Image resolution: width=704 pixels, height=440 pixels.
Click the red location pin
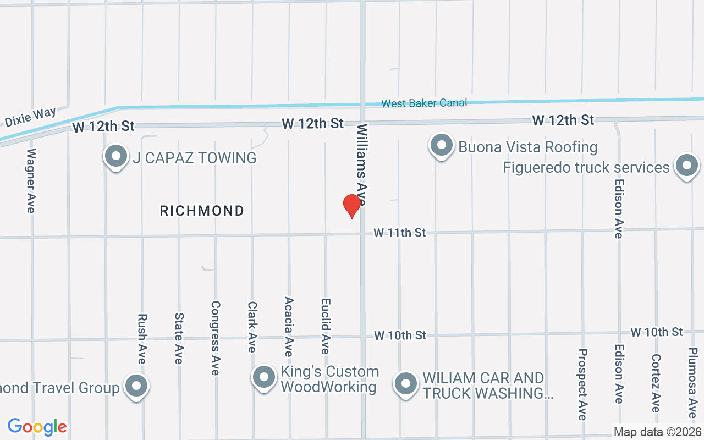[x=351, y=206]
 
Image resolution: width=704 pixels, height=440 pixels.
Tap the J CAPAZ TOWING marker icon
[x=116, y=157]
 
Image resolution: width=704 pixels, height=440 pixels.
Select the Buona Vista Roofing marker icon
[x=441, y=146]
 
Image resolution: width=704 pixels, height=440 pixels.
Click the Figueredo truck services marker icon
[x=686, y=166]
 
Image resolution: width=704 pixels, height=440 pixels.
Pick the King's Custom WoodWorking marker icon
[x=263, y=378]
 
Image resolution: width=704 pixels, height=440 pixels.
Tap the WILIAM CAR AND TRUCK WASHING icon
[x=406, y=384]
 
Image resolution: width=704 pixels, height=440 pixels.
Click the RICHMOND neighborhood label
[x=202, y=211]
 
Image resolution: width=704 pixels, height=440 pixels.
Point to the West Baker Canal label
[x=424, y=103]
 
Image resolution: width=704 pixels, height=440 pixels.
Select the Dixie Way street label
[x=30, y=117]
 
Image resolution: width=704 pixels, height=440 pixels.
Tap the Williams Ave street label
[x=362, y=164]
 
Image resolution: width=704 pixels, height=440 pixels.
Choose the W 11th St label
[x=400, y=233]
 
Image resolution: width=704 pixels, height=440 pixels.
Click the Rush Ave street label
[x=142, y=339]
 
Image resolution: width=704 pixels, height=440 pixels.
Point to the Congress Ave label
[x=216, y=338]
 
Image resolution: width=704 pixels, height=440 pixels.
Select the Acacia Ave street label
[x=289, y=327]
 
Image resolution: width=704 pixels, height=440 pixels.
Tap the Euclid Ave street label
[x=326, y=326]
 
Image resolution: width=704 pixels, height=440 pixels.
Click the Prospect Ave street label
[x=582, y=384]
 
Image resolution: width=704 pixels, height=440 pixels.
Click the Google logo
[x=37, y=427]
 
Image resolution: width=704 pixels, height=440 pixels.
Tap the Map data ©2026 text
[x=657, y=432]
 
